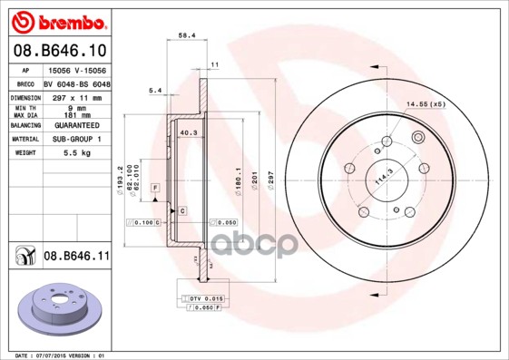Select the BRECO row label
click(x=24, y=83)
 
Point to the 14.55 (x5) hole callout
click(x=426, y=104)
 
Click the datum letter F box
click(x=155, y=187)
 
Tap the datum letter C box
click(x=182, y=210)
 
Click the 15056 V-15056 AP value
click(x=75, y=69)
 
